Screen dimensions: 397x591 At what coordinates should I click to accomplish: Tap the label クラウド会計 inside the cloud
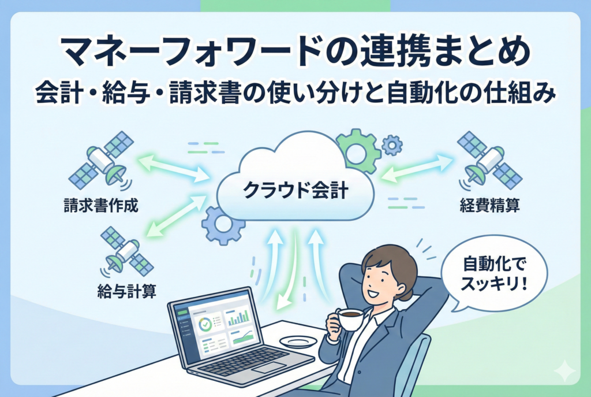tap(295, 190)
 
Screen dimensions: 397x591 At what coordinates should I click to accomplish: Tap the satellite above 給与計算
tap(127, 251)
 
